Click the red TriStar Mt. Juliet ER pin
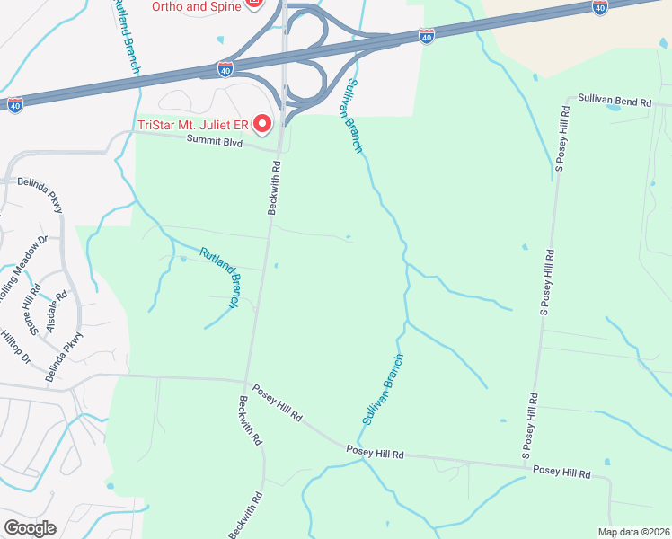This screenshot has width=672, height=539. pos(262,122)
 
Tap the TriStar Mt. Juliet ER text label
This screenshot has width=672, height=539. pos(192,124)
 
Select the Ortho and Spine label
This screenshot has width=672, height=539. pos(196,6)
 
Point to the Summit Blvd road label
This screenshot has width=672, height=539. pos(215,140)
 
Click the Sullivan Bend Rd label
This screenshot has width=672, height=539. pos(614,101)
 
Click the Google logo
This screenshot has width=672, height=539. pos(30,527)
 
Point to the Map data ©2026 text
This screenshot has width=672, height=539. pos(633,532)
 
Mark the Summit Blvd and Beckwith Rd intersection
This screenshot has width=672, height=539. pos(279,147)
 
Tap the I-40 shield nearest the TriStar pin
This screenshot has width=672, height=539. pos(225,68)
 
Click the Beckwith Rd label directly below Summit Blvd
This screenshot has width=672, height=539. pos(275,188)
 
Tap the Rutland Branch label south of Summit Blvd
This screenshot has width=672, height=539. pos(220,278)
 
